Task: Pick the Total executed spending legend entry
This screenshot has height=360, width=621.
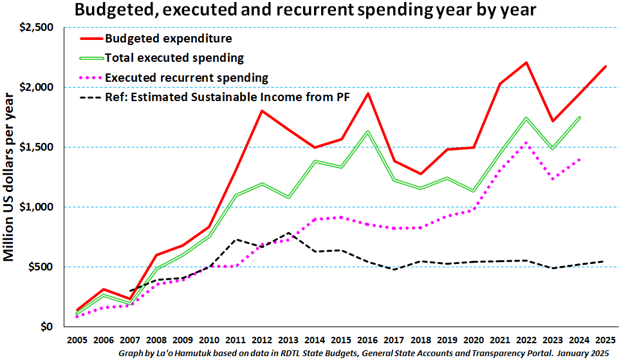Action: click(x=174, y=57)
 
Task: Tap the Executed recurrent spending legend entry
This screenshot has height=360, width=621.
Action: click(x=186, y=78)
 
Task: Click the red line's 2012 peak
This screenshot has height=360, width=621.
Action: click(x=261, y=111)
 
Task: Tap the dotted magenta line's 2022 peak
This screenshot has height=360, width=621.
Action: click(x=526, y=142)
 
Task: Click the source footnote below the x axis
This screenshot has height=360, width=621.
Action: click(x=364, y=354)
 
